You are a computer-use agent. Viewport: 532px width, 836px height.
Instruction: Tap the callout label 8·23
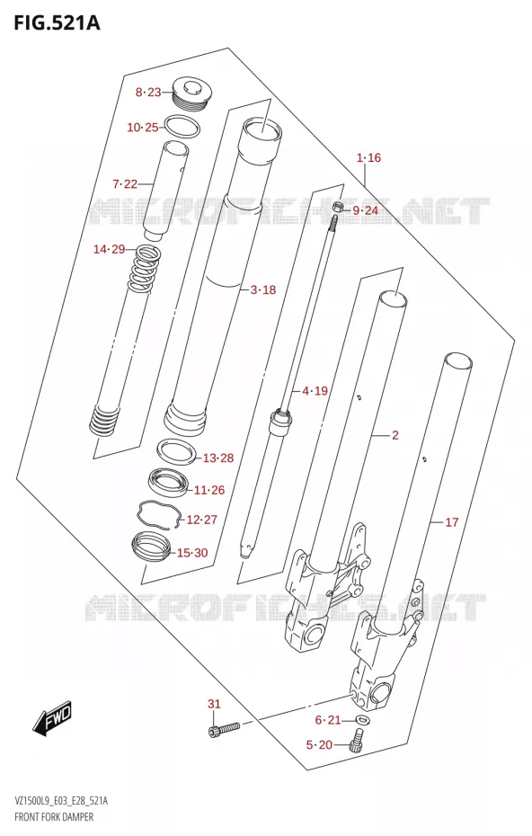pos(148,93)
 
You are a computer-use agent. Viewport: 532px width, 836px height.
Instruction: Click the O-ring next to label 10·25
pos(182,127)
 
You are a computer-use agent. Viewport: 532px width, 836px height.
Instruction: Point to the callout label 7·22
pos(125,184)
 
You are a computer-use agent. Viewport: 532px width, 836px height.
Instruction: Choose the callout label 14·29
pos(110,249)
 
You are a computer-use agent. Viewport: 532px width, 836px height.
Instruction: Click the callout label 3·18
pos(263,289)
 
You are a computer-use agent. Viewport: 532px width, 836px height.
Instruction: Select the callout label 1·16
pos(368,157)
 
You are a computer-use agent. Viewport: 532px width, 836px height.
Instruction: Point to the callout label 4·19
pos(315,391)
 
